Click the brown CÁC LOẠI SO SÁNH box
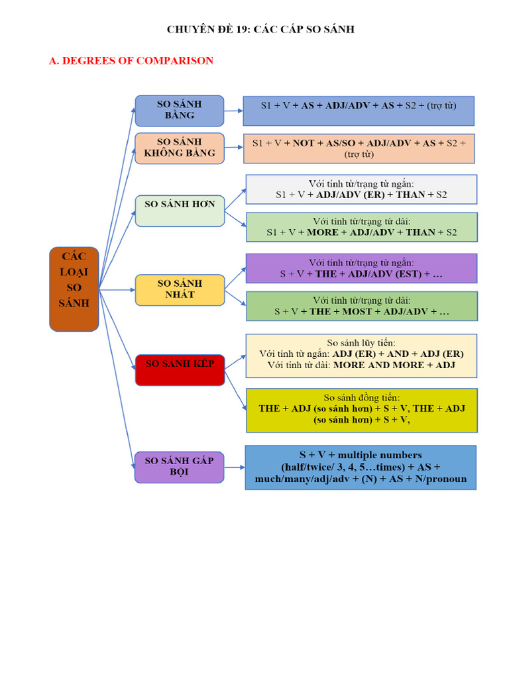(x=74, y=289)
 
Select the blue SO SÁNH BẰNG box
(x=180, y=111)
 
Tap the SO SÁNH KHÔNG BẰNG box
(x=180, y=148)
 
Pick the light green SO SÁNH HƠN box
(x=180, y=211)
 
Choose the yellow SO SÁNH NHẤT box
(x=180, y=290)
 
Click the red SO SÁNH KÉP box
(x=180, y=370)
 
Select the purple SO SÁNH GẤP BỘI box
(x=179, y=467)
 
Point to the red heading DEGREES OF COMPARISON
(x=138, y=60)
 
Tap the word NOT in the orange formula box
(x=303, y=143)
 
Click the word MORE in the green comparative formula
(x=323, y=232)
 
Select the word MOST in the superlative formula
(x=357, y=312)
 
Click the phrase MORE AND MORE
(x=378, y=365)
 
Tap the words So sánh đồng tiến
(x=362, y=397)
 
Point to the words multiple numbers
(x=380, y=455)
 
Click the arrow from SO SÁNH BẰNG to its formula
(x=234, y=111)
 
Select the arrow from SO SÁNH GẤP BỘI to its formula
(x=235, y=467)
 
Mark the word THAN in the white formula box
(x=411, y=195)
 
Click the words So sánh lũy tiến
(x=361, y=343)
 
